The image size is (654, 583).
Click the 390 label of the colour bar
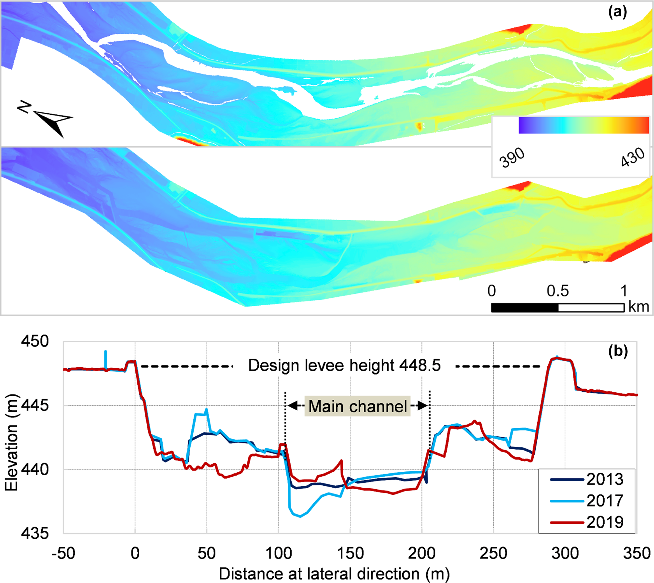[x=512, y=158]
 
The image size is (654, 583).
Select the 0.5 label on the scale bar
[x=558, y=291]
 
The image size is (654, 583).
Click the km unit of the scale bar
[x=638, y=307]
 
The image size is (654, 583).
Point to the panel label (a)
[x=618, y=12]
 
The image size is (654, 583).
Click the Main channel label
[x=358, y=406]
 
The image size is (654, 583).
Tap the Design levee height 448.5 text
[x=344, y=366]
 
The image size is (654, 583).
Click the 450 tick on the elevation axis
[x=35, y=341]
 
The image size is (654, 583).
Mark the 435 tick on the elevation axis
[x=35, y=533]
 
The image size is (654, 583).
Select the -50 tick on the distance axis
[x=63, y=553]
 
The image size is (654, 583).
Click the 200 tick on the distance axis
[x=422, y=553]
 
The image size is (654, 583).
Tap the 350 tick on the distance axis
[x=636, y=553]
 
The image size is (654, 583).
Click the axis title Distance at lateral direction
[x=334, y=574]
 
